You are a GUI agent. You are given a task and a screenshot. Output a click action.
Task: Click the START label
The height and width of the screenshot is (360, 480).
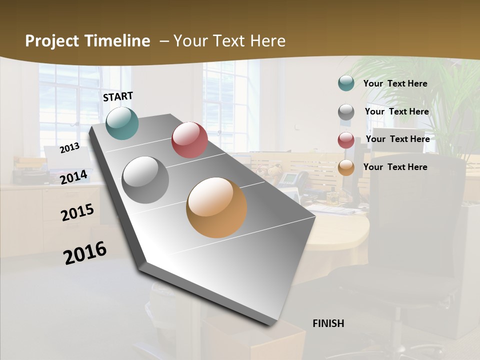click(118, 96)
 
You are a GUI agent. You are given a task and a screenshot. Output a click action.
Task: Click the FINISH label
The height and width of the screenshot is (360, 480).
click(328, 323)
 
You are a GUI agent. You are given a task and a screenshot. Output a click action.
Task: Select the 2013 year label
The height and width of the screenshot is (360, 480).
click(69, 147)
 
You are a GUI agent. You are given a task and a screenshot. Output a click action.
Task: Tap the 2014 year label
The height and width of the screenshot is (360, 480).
click(73, 177)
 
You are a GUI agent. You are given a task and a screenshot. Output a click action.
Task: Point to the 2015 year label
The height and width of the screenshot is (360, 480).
click(77, 212)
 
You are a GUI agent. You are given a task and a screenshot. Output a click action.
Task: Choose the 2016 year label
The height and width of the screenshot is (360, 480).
click(85, 252)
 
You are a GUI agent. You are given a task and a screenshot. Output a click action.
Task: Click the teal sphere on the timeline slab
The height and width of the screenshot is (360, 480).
click(122, 123)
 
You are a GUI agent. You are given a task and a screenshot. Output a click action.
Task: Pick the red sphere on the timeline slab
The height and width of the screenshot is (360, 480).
click(189, 140)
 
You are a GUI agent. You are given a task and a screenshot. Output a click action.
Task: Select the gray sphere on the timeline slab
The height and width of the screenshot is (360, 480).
click(145, 179)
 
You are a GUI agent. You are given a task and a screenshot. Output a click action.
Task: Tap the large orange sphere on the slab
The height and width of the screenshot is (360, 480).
click(216, 207)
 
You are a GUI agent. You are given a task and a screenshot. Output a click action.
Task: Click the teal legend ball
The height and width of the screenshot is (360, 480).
click(346, 83)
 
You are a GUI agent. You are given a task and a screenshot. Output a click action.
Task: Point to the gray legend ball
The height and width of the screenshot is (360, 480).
click(346, 112)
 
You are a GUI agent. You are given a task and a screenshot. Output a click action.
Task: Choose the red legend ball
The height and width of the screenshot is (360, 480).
click(346, 140)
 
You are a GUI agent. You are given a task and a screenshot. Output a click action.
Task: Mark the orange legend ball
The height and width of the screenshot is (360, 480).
click(346, 167)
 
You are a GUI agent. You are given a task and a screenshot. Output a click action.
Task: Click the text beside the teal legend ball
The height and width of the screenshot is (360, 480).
click(395, 83)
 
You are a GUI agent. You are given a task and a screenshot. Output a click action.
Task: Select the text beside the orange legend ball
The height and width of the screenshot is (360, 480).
click(395, 167)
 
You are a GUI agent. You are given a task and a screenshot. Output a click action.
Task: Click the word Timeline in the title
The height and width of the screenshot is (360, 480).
click(117, 41)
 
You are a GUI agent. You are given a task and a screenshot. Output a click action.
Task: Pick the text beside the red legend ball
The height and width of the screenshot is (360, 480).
click(397, 139)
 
